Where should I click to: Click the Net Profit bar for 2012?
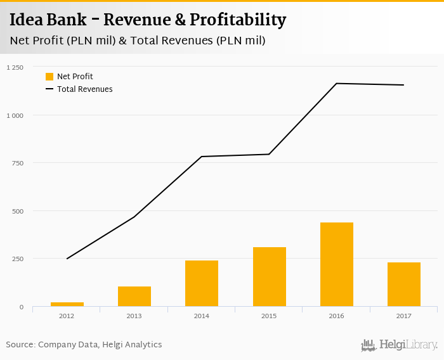tap(67, 304)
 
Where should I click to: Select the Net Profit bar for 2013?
tap(134, 297)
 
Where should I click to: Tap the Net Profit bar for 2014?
tap(202, 283)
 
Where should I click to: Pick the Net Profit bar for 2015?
tap(269, 277)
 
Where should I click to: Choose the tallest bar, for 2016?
tap(337, 264)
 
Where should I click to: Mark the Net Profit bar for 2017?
tap(404, 285)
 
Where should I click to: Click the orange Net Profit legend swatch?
tap(49, 77)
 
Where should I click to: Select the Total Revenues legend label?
tap(84, 89)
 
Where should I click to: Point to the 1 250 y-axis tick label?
tap(15, 67)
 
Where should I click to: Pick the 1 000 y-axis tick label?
tap(15, 115)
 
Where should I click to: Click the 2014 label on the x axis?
tap(202, 316)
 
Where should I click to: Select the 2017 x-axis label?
tap(404, 316)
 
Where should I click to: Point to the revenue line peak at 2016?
tap(337, 84)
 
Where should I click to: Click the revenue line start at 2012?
tap(67, 259)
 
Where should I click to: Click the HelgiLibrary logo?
tap(399, 345)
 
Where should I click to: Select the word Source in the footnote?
tap(20, 345)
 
